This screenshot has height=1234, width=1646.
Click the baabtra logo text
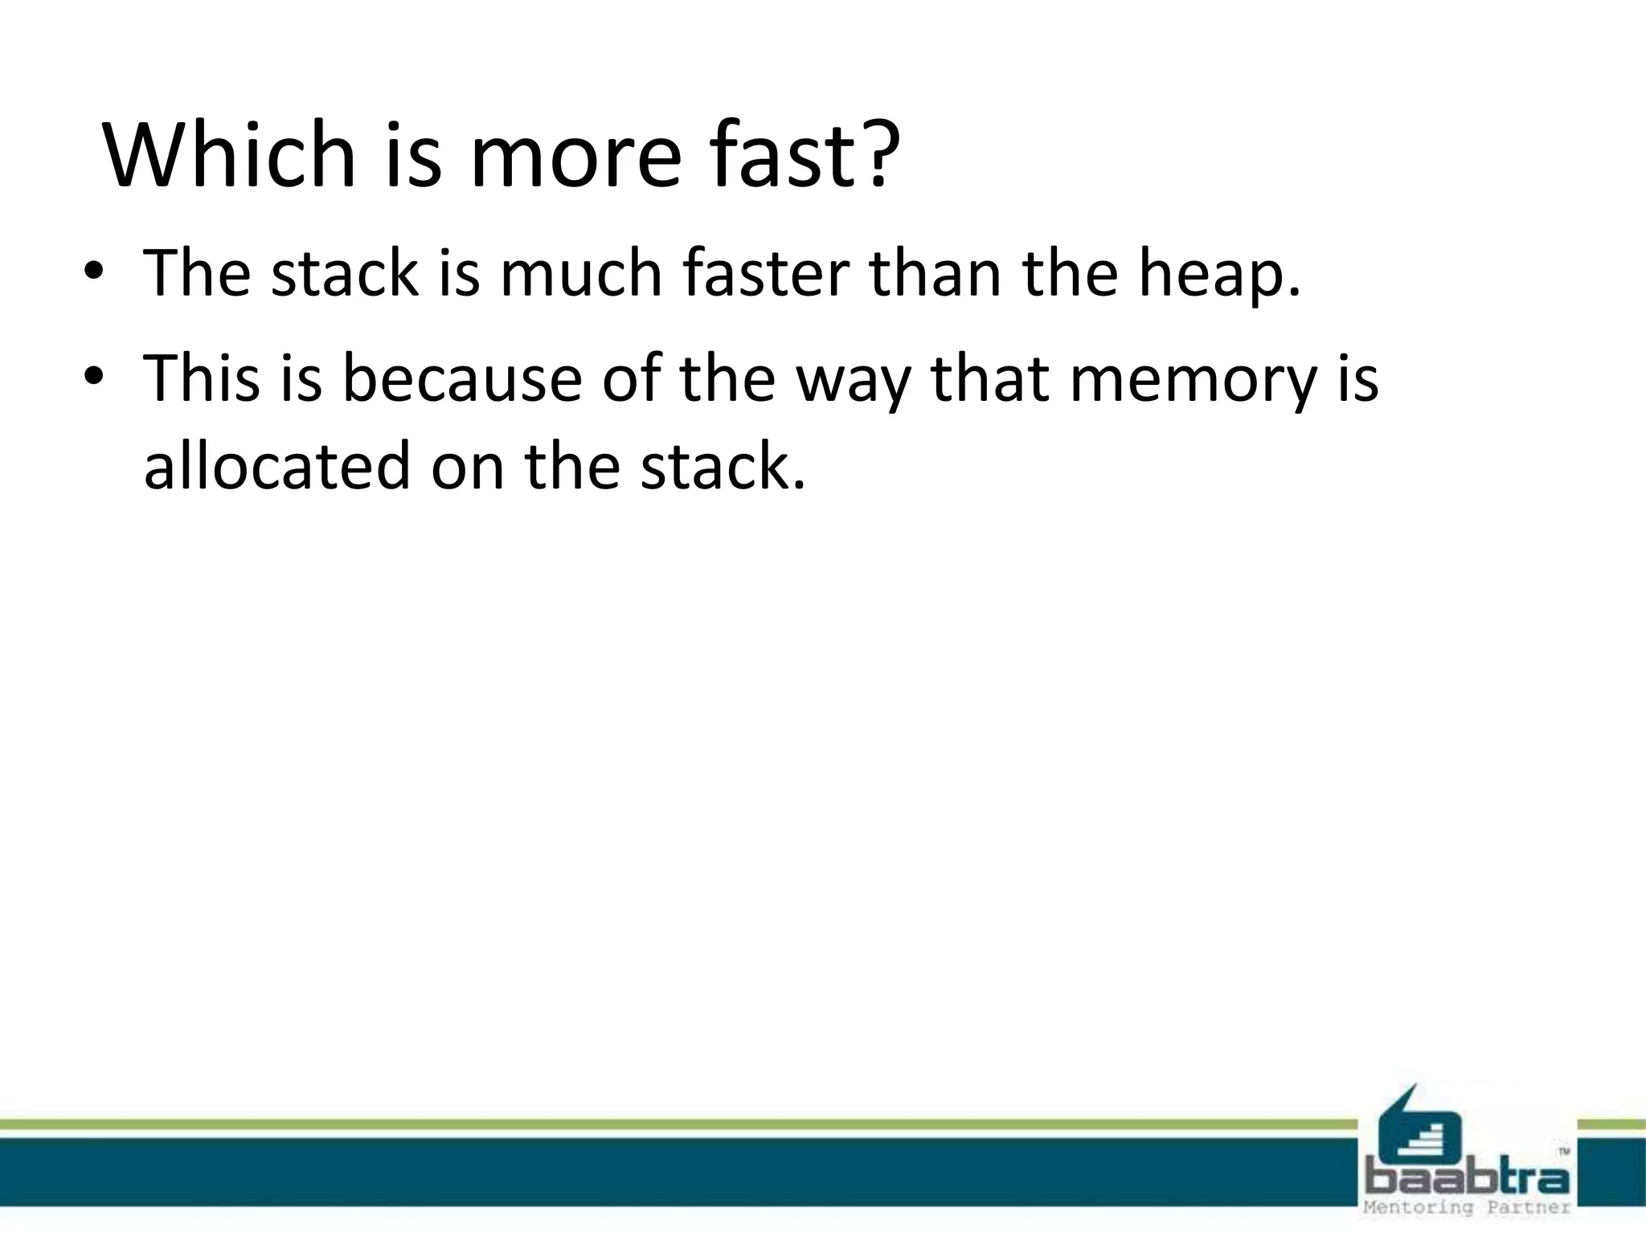(x=1468, y=1179)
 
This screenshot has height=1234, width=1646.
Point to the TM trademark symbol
(x=1563, y=1151)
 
